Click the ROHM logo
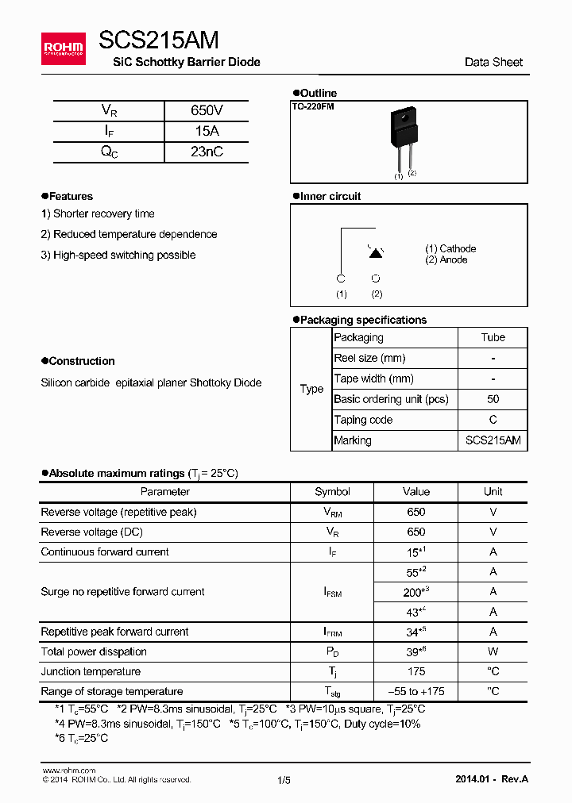(x=63, y=49)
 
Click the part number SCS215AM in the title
(x=159, y=40)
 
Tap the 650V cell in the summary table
(x=207, y=111)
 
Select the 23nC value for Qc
(x=207, y=152)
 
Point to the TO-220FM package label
(x=313, y=106)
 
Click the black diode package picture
(x=403, y=133)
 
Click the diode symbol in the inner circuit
(x=376, y=252)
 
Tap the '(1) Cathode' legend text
(x=450, y=248)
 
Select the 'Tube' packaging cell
(x=493, y=337)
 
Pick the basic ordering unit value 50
(x=493, y=399)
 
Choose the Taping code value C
(x=493, y=420)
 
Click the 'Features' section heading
(x=71, y=196)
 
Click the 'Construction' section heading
(x=81, y=361)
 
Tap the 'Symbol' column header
(x=332, y=492)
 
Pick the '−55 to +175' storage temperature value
(x=415, y=691)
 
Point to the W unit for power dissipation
(x=493, y=651)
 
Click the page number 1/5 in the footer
(x=284, y=780)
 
